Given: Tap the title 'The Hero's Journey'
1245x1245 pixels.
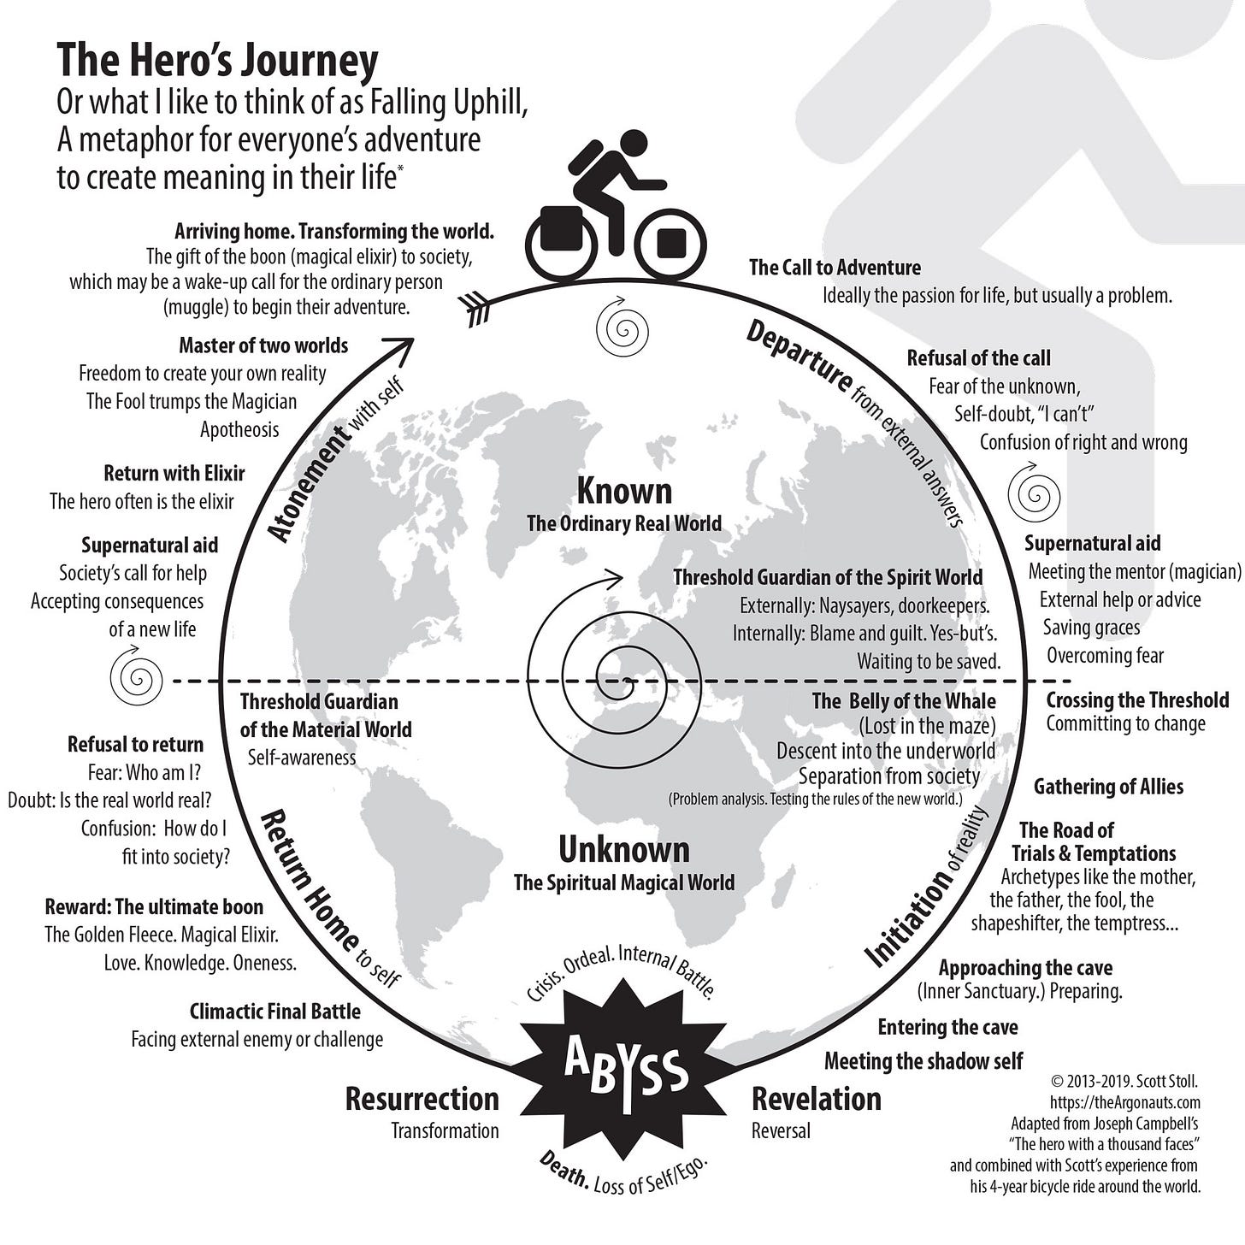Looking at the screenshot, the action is pyautogui.click(x=217, y=61).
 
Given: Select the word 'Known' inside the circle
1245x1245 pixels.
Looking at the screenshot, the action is pyautogui.click(x=624, y=492).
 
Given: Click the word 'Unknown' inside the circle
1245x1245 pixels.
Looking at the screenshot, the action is pyautogui.click(x=623, y=850).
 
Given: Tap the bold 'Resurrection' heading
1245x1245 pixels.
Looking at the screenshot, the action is pyautogui.click(x=422, y=1099).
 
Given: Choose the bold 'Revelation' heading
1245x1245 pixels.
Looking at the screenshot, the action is pyautogui.click(x=816, y=1099).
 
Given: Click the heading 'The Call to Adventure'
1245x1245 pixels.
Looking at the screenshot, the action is pyautogui.click(x=835, y=268).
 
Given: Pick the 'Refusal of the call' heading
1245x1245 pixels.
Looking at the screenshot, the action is pyautogui.click(x=978, y=358).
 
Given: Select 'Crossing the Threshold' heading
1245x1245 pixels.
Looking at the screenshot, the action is pyautogui.click(x=1137, y=700).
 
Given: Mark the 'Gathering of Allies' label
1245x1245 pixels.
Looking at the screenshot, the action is pyautogui.click(x=1108, y=787).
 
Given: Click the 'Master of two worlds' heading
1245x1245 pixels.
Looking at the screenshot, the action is pyautogui.click(x=263, y=345).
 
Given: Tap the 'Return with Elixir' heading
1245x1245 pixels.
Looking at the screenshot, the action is pyautogui.click(x=174, y=474).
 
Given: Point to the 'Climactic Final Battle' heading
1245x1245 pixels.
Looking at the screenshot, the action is pyautogui.click(x=274, y=1012).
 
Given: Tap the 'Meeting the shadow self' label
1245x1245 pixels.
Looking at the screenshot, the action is pyautogui.click(x=923, y=1061).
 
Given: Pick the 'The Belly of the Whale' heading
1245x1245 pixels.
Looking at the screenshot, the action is pyautogui.click(x=904, y=702).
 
